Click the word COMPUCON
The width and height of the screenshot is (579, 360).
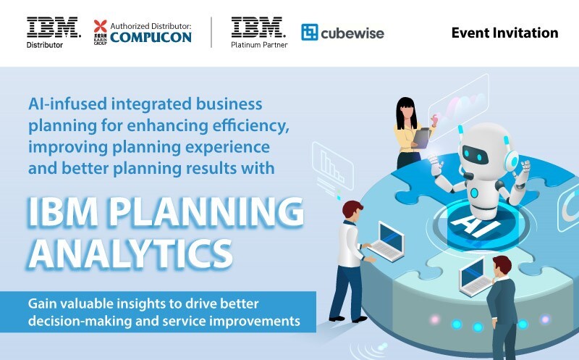coord(151,36)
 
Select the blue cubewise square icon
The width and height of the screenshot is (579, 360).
coord(310,33)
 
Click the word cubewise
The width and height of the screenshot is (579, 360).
coord(353,33)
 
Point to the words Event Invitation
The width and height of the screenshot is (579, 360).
coord(504,33)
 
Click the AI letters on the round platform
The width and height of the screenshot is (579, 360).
coord(462,222)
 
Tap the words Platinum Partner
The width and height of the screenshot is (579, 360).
coord(258,45)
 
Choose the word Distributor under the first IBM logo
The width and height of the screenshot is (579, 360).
coord(45,45)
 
